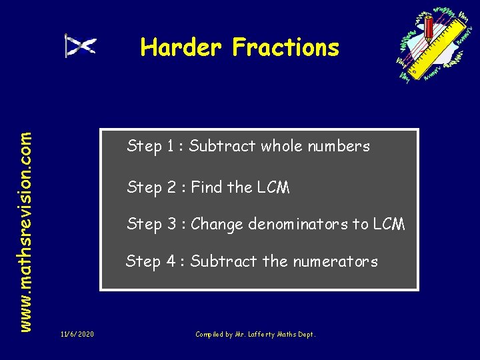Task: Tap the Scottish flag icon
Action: pos(81,46)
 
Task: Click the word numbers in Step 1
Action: pos(341,146)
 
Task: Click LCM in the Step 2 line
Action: pos(273,188)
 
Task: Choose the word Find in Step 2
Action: pos(207,187)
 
